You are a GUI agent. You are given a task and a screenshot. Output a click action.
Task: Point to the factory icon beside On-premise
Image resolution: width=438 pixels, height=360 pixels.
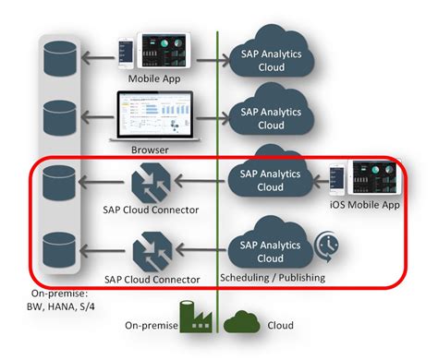tap(196, 319)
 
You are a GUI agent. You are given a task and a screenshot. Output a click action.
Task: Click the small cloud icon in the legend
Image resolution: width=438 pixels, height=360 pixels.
tap(243, 321)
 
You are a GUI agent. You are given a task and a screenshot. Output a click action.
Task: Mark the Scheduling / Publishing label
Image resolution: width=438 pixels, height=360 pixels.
tap(272, 276)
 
